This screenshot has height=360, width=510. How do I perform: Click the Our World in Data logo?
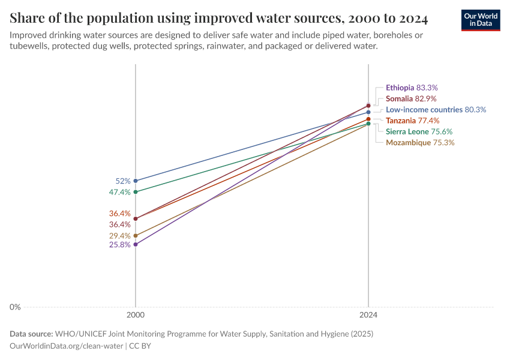(x=480, y=20)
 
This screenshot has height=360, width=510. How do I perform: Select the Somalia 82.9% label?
(x=411, y=98)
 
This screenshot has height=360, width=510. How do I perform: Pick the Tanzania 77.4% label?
(x=412, y=121)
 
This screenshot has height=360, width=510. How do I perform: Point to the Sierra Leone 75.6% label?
(x=419, y=131)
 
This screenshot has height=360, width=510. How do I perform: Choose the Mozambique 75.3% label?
(x=420, y=143)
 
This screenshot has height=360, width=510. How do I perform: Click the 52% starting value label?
(x=123, y=181)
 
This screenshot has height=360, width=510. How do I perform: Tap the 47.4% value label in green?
(x=120, y=192)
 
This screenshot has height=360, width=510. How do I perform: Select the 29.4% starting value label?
(x=120, y=236)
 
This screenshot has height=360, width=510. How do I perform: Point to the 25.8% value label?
(x=120, y=245)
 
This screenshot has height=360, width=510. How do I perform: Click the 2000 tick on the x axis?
(x=136, y=314)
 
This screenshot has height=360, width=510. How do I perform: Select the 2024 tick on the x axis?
(x=368, y=314)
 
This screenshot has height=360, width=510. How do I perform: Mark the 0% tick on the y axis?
(x=15, y=307)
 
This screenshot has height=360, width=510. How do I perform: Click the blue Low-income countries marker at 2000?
(x=136, y=181)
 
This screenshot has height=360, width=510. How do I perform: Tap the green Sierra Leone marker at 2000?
(x=136, y=192)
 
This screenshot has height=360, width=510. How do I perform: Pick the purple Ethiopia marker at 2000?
(x=136, y=244)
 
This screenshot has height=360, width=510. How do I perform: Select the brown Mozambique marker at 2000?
(x=136, y=236)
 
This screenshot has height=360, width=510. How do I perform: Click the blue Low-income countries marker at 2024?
(x=368, y=112)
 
